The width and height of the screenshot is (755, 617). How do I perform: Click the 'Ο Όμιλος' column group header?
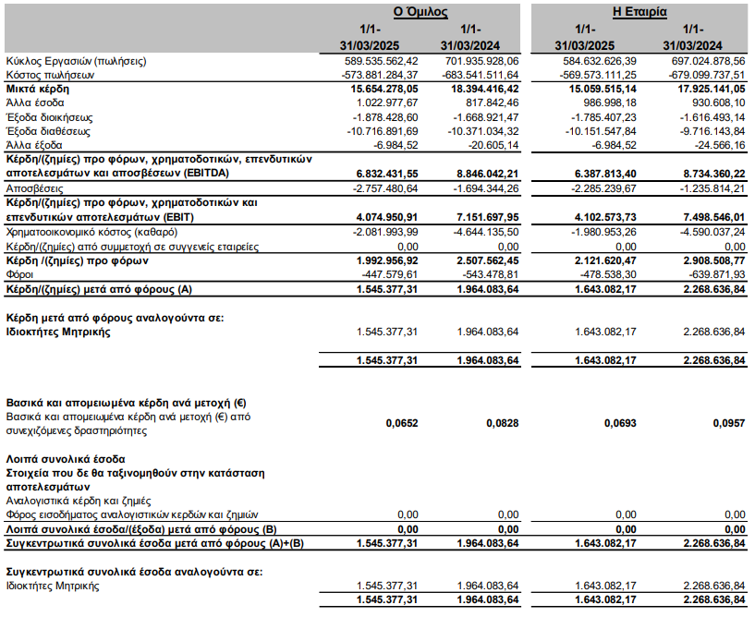tap(420, 12)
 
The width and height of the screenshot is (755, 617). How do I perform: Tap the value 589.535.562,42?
tap(380, 61)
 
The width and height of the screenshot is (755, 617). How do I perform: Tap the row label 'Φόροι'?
tap(21, 274)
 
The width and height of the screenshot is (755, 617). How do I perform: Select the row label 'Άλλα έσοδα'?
tap(35, 103)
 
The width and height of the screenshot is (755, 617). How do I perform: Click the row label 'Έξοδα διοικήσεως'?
tap(50, 117)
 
